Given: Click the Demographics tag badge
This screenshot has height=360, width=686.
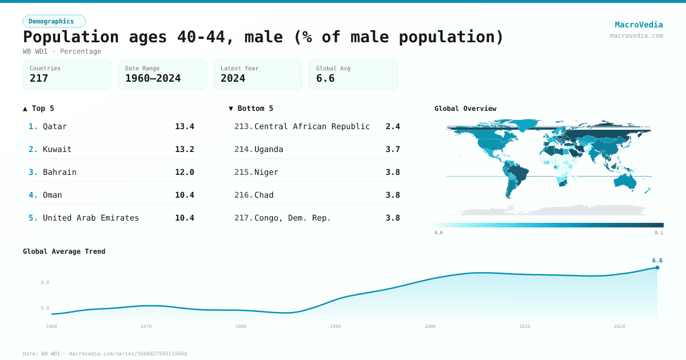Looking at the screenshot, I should [54, 21].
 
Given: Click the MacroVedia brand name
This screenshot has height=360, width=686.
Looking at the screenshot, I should [639, 25].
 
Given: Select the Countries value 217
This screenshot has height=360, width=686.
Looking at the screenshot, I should [39, 78].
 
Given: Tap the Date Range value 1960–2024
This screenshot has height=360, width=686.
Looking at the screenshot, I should [153, 78].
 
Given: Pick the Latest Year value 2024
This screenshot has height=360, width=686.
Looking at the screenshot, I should [233, 78].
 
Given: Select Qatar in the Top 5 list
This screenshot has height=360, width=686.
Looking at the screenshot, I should [55, 126].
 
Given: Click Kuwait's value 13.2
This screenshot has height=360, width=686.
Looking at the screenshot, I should [184, 149].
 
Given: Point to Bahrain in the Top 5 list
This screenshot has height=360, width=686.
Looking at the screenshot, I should [59, 172].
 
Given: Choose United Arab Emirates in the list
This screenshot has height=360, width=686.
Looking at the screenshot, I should [91, 218].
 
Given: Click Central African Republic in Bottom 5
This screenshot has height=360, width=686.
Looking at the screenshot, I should [312, 126].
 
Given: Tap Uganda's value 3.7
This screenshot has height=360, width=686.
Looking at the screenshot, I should [392, 149].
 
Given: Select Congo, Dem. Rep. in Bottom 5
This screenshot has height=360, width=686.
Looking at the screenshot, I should [293, 218].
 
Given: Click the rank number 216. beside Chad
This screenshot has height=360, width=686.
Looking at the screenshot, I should [244, 195].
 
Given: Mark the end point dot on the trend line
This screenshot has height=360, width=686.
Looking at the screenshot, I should [657, 267].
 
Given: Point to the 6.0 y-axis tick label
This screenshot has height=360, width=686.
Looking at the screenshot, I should [45, 282].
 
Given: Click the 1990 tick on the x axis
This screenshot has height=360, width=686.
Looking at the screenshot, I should [336, 326].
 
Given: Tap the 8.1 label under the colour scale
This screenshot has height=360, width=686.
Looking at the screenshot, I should [659, 233].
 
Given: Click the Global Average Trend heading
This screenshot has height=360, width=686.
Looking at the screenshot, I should [64, 251].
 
